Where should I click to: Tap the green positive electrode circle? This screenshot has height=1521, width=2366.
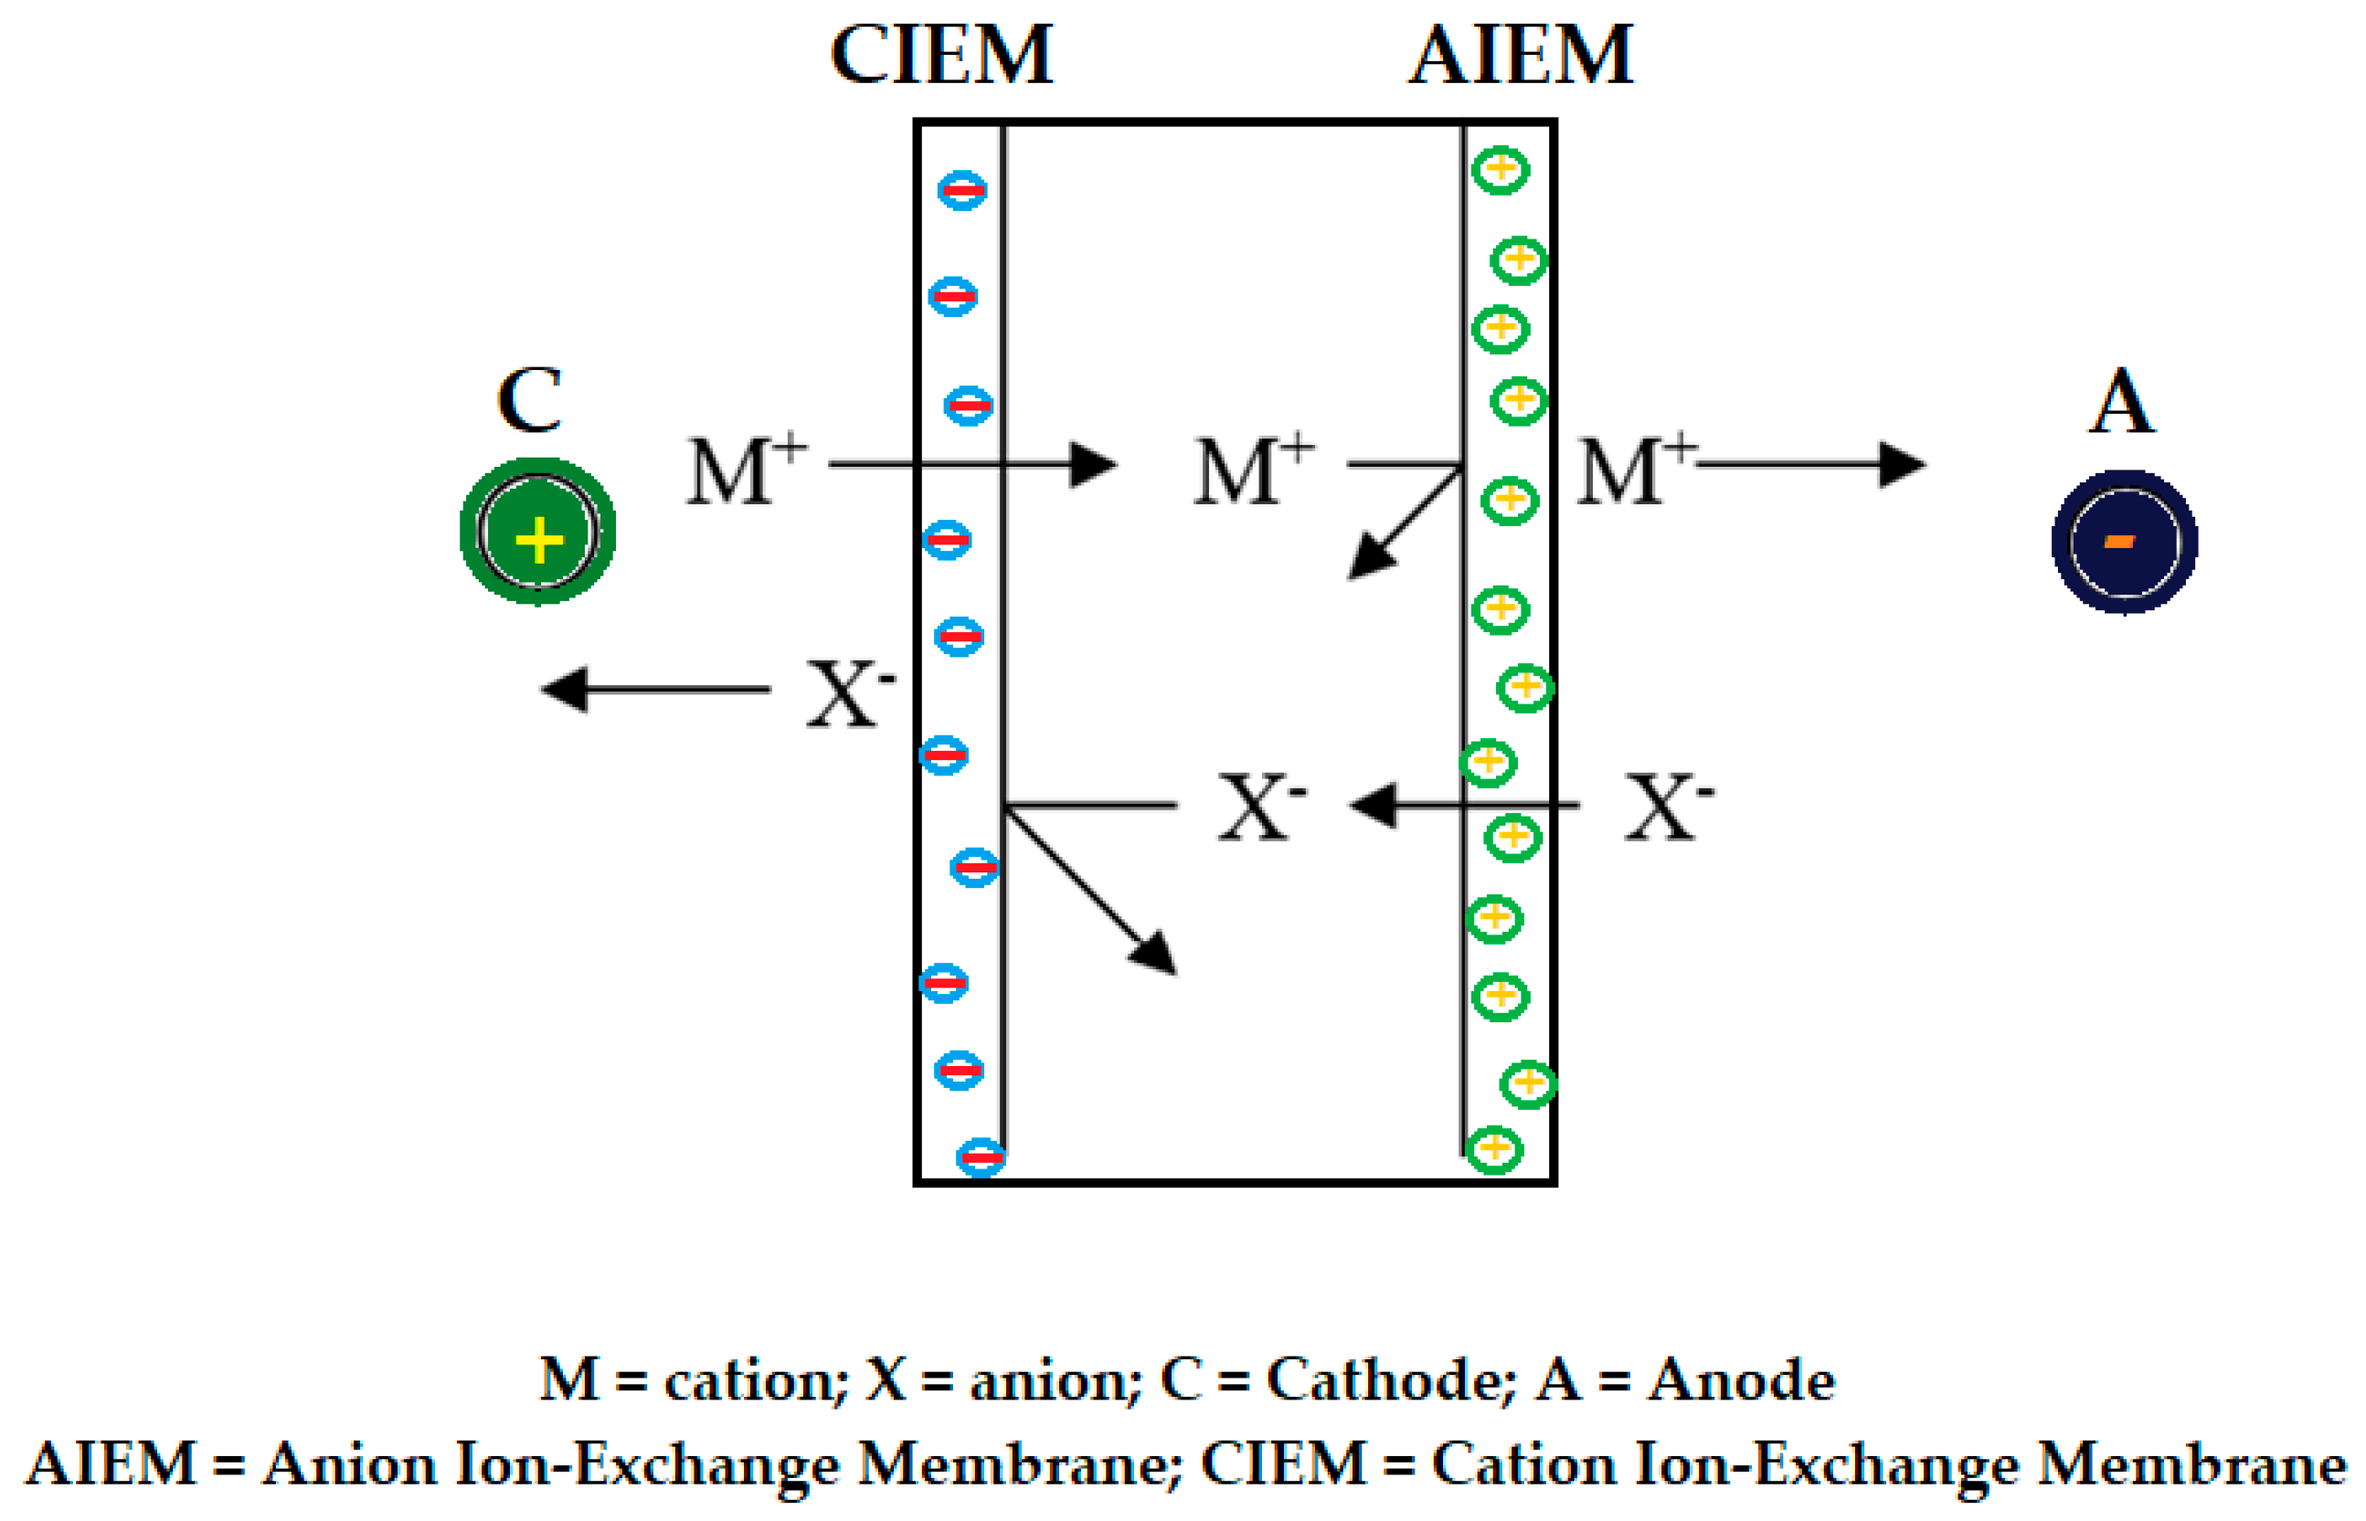(537, 531)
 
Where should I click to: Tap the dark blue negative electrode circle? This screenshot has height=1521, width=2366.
(2124, 541)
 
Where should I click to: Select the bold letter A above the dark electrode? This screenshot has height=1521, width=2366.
(2121, 402)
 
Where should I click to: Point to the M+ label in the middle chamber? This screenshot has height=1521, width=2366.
(1253, 470)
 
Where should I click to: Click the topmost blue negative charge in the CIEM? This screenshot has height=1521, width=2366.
(961, 190)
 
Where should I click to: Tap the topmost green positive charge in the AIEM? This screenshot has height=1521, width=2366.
(1500, 170)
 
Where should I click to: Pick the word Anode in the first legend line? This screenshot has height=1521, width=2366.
(1742, 1378)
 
